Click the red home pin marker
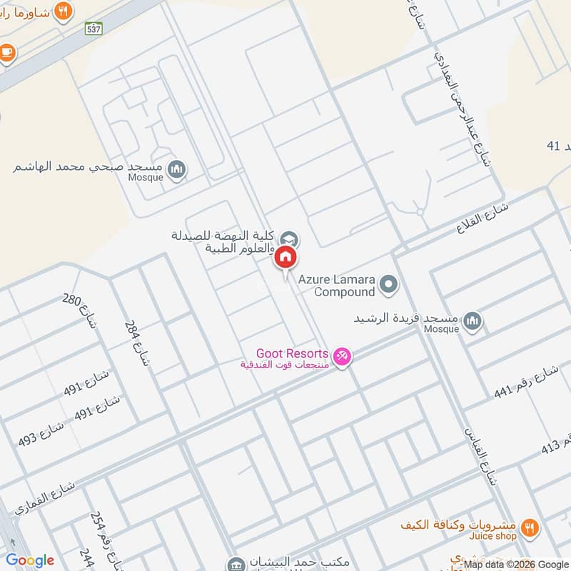pos(285,258)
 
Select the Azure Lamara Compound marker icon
pos(388,285)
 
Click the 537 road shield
pos(93,29)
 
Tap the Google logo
pos(30,560)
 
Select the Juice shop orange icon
pos(529,528)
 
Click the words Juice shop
pos(492,535)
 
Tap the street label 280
pos(79,310)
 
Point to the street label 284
pos(138,343)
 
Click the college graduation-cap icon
pos(289,238)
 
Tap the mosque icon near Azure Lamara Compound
pos(472,322)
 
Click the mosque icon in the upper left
pos(178,169)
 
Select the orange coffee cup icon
pos(7,51)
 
